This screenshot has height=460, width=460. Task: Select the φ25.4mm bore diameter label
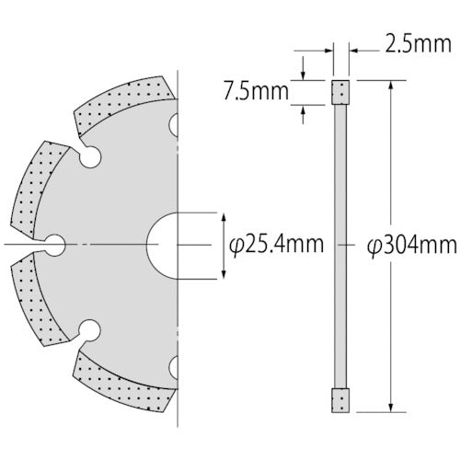[x=276, y=246]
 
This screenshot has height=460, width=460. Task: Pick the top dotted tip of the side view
[x=341, y=92]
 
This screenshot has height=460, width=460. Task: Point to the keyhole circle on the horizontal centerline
[x=54, y=244]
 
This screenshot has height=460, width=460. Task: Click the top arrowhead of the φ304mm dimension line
[x=393, y=86]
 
